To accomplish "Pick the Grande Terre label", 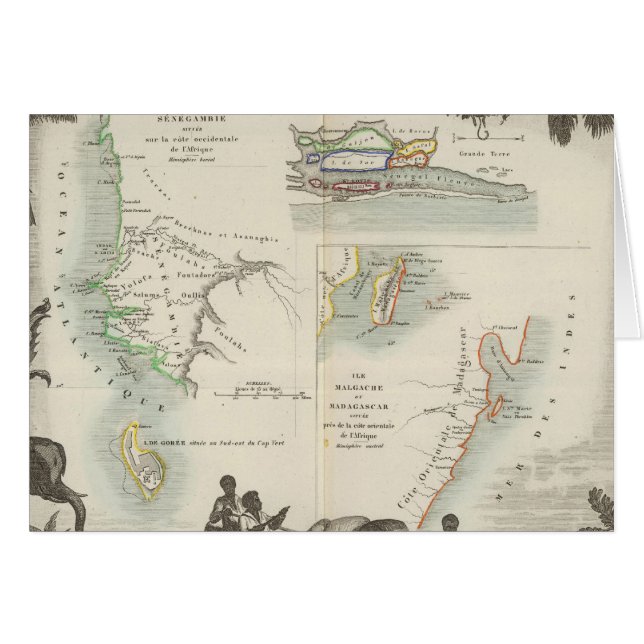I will click(478, 155).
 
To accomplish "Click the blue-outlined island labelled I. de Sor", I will click(347, 161).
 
